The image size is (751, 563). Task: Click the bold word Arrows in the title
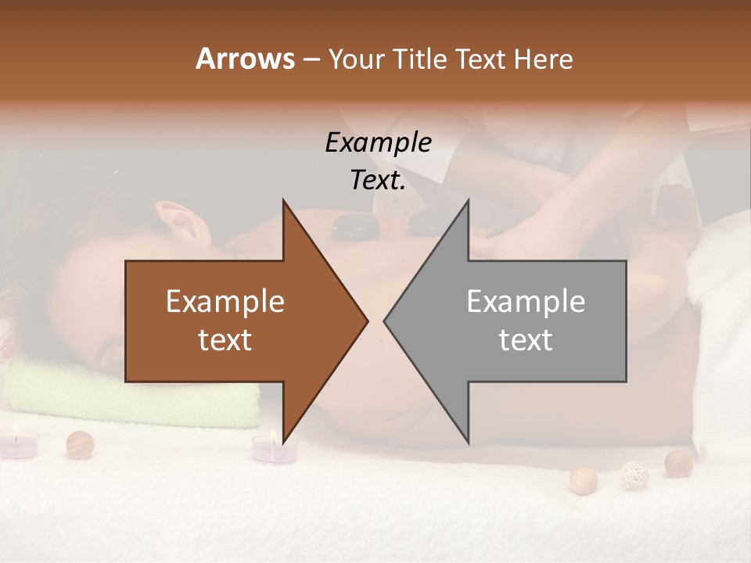(246, 59)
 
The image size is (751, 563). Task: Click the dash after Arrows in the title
(311, 59)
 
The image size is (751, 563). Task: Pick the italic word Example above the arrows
(378, 142)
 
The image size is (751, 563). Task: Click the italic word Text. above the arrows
(378, 180)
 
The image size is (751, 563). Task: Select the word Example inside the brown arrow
(225, 302)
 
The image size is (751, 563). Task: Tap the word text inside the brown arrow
(225, 340)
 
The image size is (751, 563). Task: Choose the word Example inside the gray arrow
(526, 302)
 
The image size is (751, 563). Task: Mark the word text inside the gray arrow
(526, 340)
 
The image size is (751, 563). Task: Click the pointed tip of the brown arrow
(366, 321)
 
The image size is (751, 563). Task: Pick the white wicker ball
(634, 475)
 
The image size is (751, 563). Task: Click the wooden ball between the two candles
(80, 444)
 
